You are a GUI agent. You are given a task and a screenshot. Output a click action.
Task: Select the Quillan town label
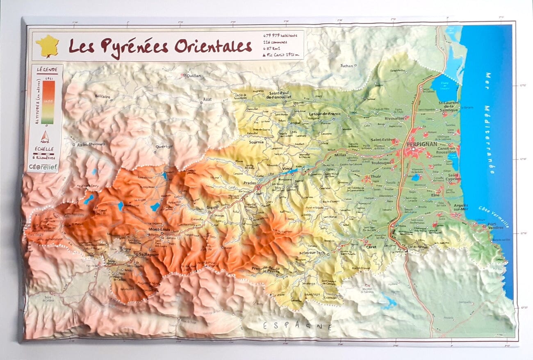194,75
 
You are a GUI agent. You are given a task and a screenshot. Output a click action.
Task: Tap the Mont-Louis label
159,229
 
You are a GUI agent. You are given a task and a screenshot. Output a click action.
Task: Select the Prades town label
249,183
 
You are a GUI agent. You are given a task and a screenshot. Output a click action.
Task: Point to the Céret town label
371,247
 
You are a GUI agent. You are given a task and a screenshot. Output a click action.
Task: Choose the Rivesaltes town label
394,118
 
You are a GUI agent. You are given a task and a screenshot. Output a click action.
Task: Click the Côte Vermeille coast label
494,216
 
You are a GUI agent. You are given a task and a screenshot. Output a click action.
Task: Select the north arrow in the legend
45,137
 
